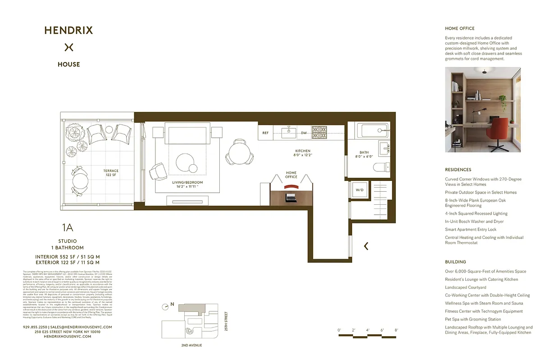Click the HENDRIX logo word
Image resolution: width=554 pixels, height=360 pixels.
tap(68, 31)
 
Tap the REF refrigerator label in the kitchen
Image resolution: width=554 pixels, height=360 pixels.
tap(266, 133)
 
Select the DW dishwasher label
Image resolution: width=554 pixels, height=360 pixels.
tap(304, 133)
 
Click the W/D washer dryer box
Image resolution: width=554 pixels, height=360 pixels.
tap(359, 189)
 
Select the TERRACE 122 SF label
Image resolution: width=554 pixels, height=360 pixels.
tap(111, 173)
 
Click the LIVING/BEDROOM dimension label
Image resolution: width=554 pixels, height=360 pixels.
tap(187, 184)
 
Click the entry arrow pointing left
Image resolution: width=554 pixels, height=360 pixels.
tap(366, 246)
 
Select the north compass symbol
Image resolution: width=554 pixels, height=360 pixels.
tap(167, 306)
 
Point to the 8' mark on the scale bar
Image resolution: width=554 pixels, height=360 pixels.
tap(396, 330)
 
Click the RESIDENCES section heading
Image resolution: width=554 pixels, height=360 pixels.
tap(458, 170)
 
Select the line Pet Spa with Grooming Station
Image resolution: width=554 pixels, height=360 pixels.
tap(473, 319)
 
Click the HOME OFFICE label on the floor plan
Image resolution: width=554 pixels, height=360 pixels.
tap(291, 175)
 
